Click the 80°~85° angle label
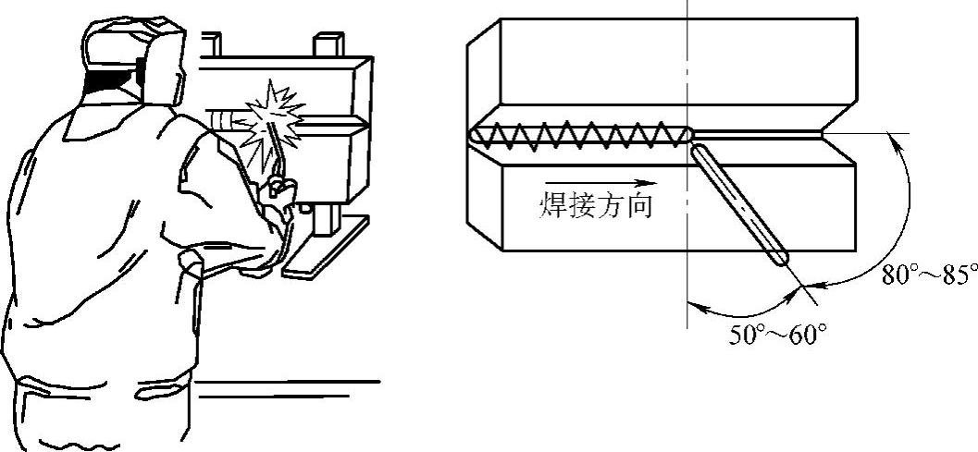[x=929, y=274]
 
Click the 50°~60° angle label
[x=776, y=335]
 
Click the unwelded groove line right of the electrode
[x=759, y=136]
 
